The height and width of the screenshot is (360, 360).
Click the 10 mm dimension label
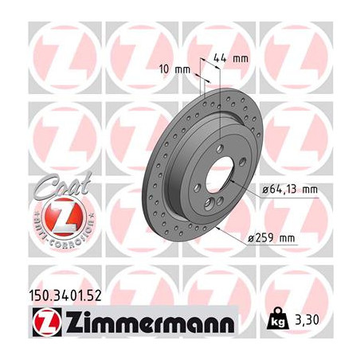179,68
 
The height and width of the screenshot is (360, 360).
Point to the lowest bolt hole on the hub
209,205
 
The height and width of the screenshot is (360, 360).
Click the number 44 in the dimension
221,58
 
